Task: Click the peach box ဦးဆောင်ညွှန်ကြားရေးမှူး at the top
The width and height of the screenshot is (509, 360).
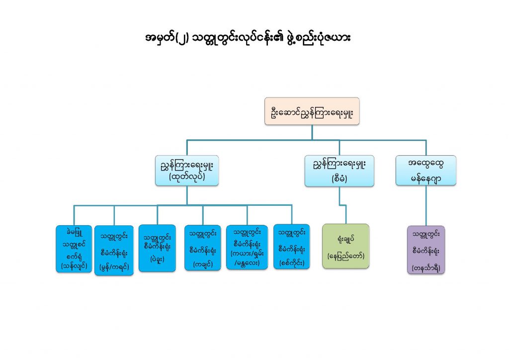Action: (312, 111)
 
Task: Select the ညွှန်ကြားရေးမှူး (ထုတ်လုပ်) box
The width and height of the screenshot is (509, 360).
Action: (187, 171)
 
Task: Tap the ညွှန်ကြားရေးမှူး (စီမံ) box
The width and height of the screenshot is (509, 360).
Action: (339, 171)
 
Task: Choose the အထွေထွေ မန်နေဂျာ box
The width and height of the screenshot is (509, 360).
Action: (426, 171)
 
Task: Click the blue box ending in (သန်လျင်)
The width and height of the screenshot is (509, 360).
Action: (74, 249)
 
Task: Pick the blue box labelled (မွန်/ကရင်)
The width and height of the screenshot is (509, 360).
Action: (114, 250)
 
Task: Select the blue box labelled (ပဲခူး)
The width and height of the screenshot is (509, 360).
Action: (157, 248)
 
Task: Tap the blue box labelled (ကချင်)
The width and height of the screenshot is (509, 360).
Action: (203, 248)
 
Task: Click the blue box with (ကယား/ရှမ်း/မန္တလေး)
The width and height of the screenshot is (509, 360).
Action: (247, 247)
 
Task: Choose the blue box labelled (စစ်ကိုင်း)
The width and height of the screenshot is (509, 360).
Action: (291, 247)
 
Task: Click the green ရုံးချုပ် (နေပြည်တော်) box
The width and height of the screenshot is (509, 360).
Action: (346, 246)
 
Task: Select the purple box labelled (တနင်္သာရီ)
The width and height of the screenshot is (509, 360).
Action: (426, 250)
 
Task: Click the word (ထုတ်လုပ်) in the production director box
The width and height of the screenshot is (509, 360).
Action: (187, 177)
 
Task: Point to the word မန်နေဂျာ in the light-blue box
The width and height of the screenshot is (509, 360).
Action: (426, 178)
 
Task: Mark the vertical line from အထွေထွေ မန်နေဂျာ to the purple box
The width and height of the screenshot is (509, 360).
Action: (426, 206)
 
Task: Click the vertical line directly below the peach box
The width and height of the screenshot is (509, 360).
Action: (312, 132)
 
